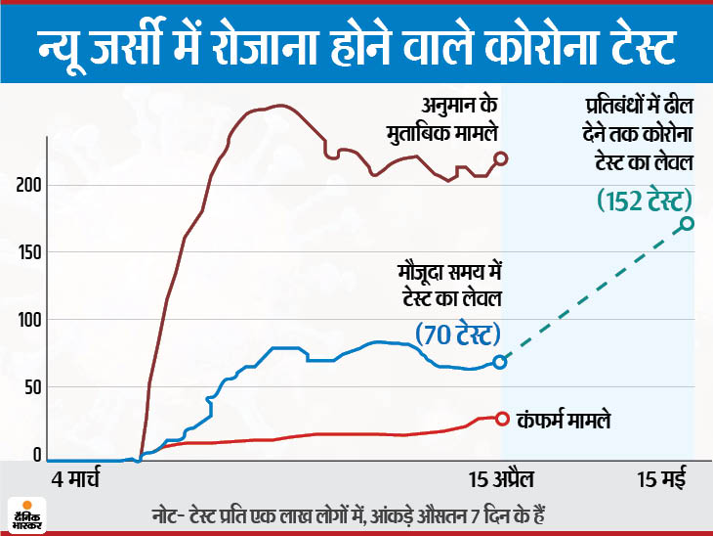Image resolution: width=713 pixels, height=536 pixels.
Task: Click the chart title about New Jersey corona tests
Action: (356, 45)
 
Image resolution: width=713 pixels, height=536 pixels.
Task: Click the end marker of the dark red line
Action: (501, 158)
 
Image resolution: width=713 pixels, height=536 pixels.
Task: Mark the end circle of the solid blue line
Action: (500, 362)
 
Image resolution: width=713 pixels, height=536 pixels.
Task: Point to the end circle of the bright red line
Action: (502, 419)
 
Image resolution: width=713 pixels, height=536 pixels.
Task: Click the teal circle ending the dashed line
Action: (688, 223)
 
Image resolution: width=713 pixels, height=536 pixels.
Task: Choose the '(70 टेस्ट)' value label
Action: (458, 335)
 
